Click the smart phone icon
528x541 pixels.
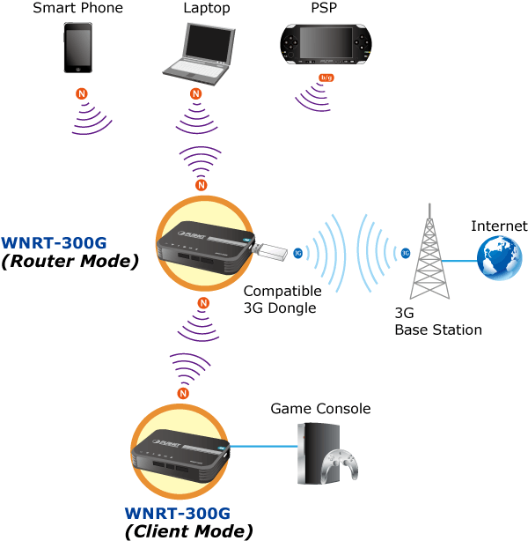77,48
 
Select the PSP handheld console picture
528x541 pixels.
324,48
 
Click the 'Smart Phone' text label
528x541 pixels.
77,9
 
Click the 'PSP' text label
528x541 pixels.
324,9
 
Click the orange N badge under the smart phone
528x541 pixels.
82,93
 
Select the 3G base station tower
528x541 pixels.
428,256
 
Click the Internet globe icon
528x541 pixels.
497,259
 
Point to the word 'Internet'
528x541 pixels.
499,226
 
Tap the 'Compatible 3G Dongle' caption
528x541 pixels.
282,300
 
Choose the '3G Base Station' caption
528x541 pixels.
437,322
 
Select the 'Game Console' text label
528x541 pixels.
320,408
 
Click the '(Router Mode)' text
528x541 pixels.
70,262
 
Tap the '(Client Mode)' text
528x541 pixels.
188,530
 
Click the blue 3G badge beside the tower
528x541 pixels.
405,253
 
